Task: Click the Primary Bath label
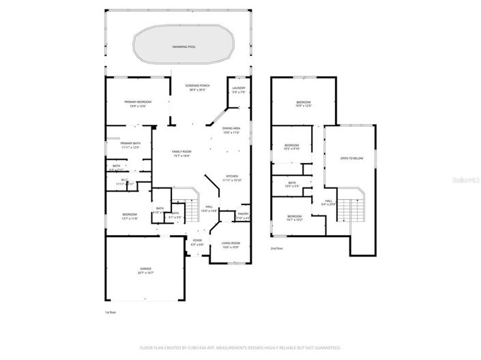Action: pyautogui.click(x=130, y=145)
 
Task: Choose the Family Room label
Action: pyautogui.click(x=181, y=153)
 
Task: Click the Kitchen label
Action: pyautogui.click(x=232, y=177)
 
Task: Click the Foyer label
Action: pyautogui.click(x=196, y=241)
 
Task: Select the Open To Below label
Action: pyautogui.click(x=351, y=157)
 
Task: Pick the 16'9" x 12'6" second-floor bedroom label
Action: pyautogui.click(x=304, y=104)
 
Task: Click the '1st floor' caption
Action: pyautogui.click(x=111, y=312)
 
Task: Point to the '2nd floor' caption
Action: pyautogui.click(x=277, y=249)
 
